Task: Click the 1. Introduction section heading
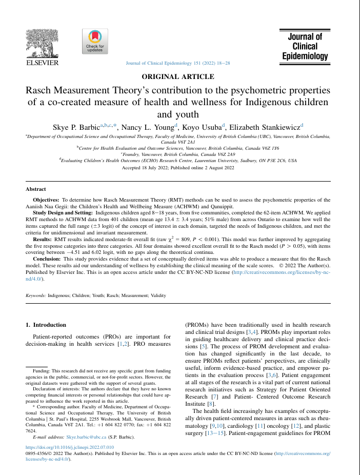point(46,325)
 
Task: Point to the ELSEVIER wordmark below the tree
point(42,63)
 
